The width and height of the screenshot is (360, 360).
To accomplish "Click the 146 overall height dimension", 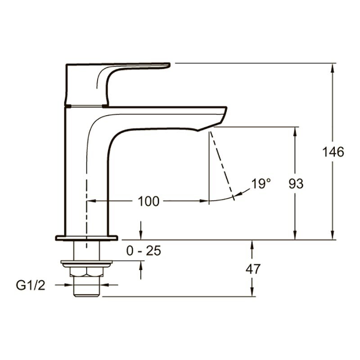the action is [x=333, y=152].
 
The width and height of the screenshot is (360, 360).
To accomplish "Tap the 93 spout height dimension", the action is [x=296, y=184].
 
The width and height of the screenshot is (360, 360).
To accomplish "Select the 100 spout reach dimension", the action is [x=148, y=201].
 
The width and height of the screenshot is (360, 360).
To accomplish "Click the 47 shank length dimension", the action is [x=253, y=269].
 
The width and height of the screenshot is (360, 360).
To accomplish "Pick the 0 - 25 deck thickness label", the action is [x=144, y=251].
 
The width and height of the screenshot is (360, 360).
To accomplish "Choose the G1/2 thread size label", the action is [x=31, y=286].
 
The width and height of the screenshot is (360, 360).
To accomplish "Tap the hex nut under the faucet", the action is [x=86, y=272].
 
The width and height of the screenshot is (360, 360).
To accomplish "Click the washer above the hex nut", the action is [x=86, y=264].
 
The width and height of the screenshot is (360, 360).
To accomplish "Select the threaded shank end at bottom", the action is [x=86, y=287].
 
